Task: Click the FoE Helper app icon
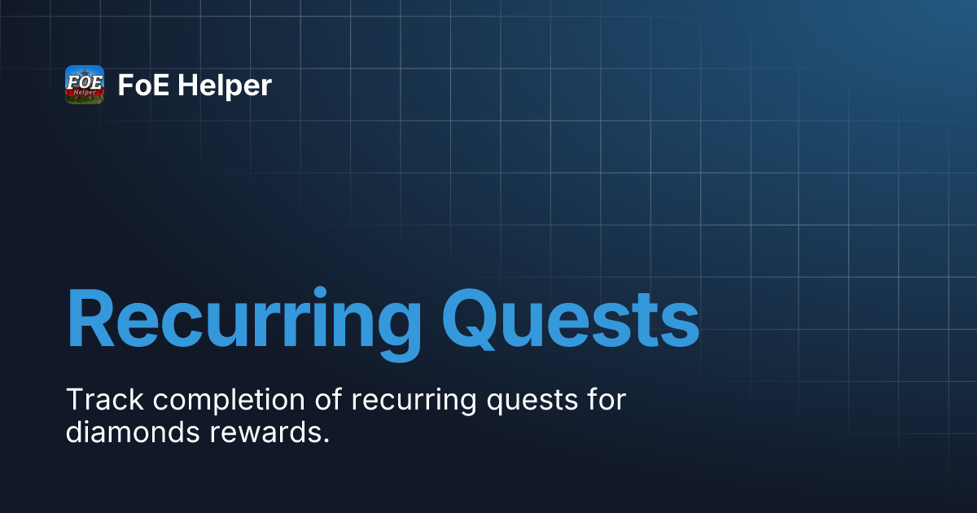point(85,85)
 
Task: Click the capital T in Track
point(74,401)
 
